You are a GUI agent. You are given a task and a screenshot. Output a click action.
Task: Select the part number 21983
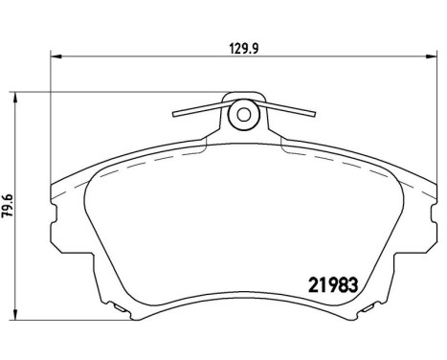tap(338, 284)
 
